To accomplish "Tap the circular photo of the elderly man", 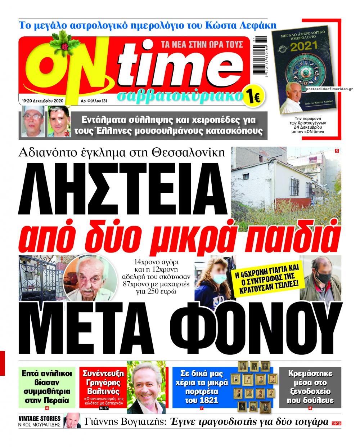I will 90,277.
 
